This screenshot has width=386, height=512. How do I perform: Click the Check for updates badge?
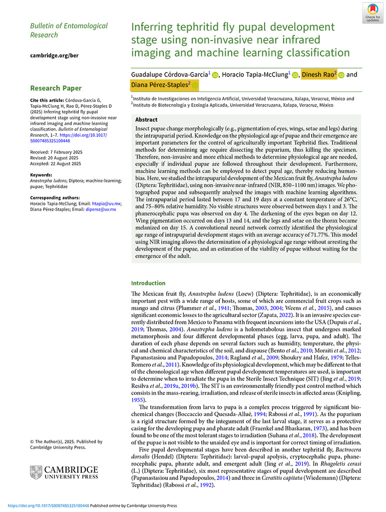(373, 12)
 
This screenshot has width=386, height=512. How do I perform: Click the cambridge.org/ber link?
(54, 55)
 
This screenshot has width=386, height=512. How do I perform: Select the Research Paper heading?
(56, 88)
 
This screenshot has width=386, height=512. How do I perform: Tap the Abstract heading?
(146, 120)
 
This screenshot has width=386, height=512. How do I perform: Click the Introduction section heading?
(148, 283)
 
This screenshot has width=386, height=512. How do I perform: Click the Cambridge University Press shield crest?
(36, 472)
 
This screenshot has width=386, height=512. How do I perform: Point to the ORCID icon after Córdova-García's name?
(215, 75)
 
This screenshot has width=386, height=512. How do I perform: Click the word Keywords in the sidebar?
(41, 175)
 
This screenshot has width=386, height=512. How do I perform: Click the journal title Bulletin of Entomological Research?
(68, 30)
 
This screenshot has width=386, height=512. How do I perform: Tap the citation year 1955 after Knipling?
(138, 400)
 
